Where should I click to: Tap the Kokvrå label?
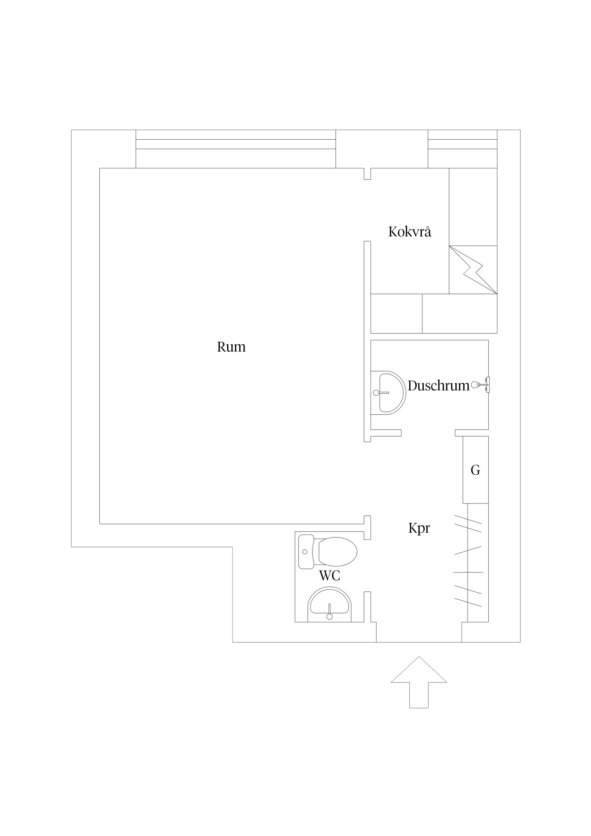coord(410,232)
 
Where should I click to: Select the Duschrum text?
coord(438,386)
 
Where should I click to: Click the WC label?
coord(330,576)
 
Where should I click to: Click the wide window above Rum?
coord(236,149)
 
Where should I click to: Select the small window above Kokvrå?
coord(463,149)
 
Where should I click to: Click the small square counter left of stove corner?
coord(396,313)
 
